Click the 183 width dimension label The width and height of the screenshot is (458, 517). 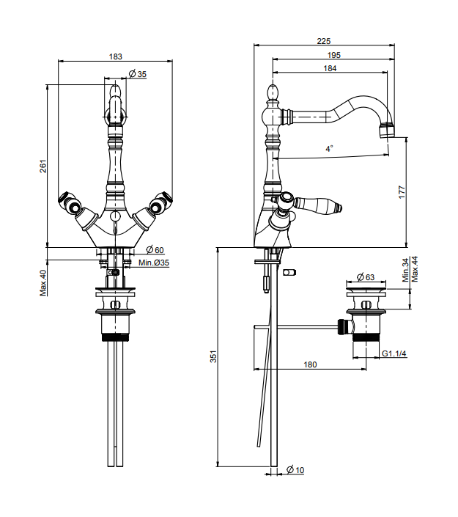(x=116, y=56)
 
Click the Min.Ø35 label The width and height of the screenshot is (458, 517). (x=154, y=262)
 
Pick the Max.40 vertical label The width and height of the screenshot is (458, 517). (x=43, y=283)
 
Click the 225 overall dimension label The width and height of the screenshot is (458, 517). (x=324, y=41)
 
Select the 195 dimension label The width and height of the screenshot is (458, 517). (x=333, y=56)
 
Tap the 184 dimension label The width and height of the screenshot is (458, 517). (x=330, y=68)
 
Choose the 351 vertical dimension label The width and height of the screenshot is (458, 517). (x=213, y=357)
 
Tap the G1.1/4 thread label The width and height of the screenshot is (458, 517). (x=394, y=354)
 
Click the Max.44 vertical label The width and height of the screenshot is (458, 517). (x=415, y=269)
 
